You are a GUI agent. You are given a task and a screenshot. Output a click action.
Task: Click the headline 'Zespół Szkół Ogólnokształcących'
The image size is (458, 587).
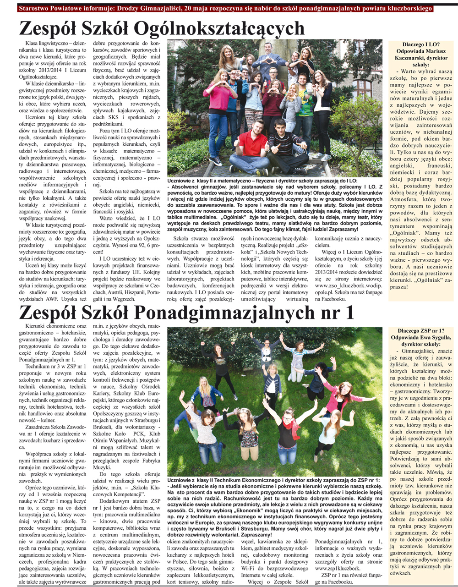(x=162, y=28)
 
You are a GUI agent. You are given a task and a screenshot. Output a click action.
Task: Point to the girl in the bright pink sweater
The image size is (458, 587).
(x=219, y=96)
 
